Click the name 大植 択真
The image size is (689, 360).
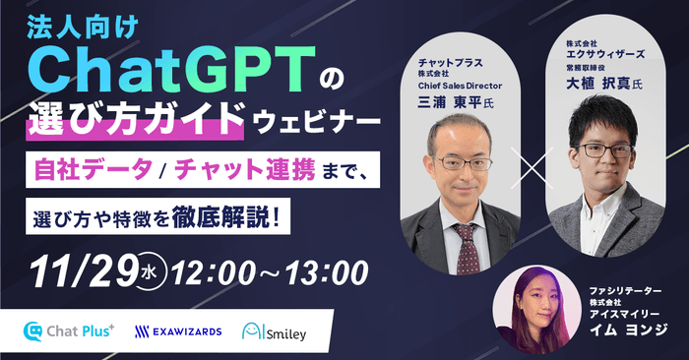[x=586, y=85]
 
